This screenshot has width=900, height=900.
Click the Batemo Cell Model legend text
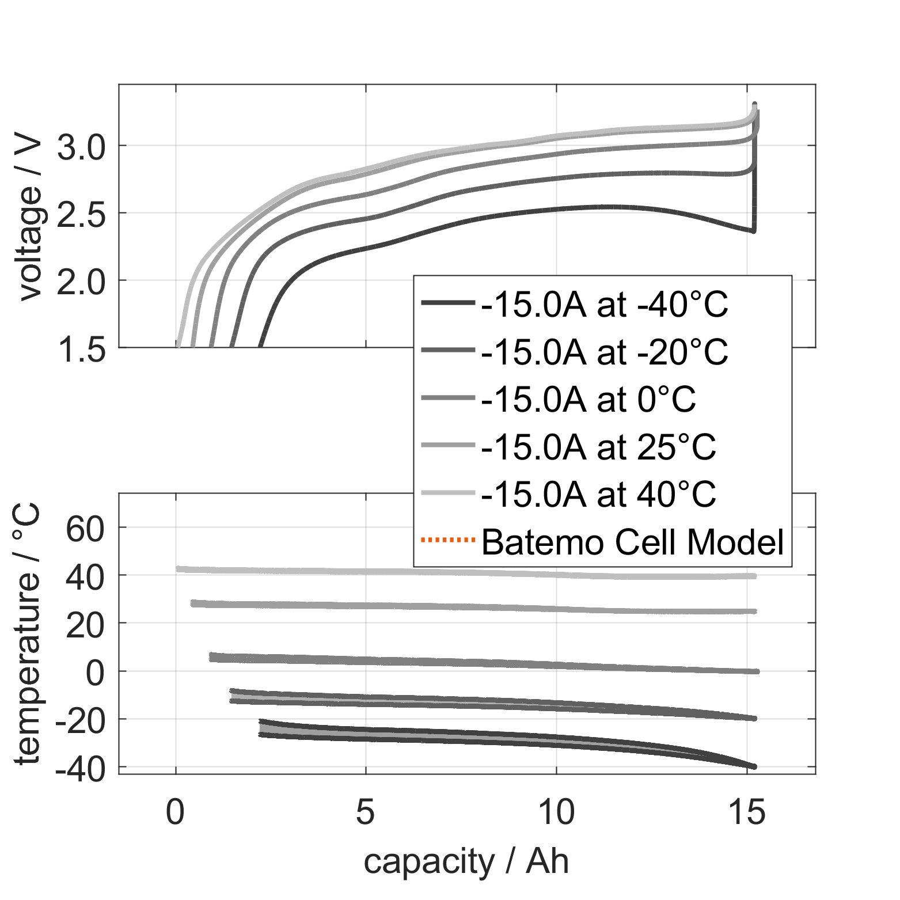[632, 542]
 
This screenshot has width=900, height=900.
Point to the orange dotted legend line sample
[448, 540]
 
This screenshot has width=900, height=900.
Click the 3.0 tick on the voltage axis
[82, 147]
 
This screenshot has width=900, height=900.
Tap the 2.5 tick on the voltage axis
[82, 215]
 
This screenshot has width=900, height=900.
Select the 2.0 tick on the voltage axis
[82, 282]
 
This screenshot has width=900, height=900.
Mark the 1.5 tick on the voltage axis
[82, 350]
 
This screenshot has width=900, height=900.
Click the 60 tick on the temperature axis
[86, 529]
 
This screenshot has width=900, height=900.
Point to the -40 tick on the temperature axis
[81, 769]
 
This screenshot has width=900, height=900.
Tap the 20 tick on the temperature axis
[86, 625]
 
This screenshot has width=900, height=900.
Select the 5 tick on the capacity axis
[366, 812]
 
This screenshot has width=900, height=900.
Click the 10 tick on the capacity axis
[556, 812]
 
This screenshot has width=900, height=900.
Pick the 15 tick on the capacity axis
[747, 812]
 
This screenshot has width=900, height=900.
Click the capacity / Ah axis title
[466, 862]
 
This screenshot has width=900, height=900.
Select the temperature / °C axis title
[28, 633]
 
